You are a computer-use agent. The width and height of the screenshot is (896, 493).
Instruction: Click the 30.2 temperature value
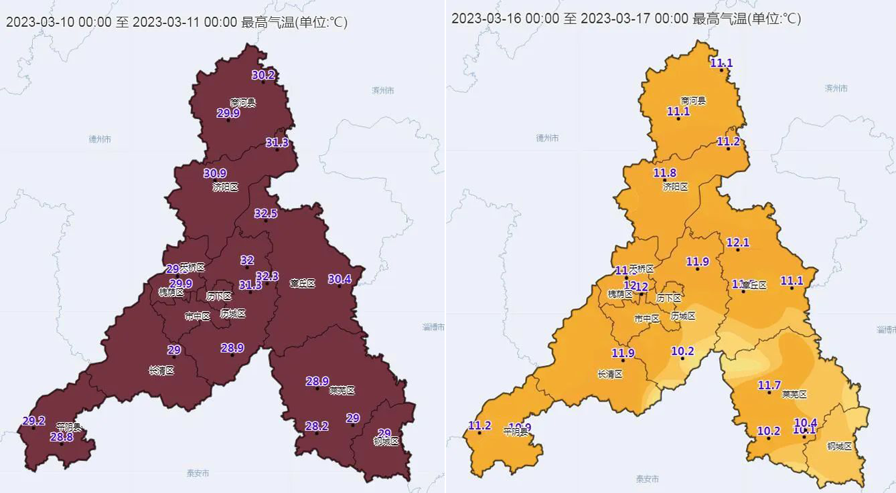[263, 75]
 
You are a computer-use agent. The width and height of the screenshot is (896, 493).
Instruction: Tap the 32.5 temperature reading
[265, 213]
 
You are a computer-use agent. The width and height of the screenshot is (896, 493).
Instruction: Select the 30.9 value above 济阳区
[215, 173]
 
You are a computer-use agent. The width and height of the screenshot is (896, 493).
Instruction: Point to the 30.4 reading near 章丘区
[339, 279]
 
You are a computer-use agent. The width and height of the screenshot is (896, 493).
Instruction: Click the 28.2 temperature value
[317, 426]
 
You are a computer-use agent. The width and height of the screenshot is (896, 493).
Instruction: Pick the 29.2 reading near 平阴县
[33, 421]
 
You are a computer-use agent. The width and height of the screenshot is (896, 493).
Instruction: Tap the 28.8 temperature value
[62, 437]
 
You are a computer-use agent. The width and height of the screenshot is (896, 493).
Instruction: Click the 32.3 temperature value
[267, 276]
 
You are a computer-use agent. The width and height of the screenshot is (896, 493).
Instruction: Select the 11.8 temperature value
[664, 173]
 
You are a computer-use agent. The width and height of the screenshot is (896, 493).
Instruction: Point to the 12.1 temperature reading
[738, 242]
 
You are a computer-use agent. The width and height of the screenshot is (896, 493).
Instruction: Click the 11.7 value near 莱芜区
[769, 385]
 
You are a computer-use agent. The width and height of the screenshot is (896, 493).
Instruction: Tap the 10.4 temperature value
[805, 422]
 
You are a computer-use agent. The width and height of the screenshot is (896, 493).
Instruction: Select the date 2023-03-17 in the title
[615, 18]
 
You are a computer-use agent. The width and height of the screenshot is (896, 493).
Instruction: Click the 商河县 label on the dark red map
[243, 102]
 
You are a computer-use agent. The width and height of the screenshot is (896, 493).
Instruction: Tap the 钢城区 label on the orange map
[838, 446]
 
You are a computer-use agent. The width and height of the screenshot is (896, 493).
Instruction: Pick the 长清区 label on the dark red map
[161, 371]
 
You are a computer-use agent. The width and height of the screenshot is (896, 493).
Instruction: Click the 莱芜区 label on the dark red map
[342, 391]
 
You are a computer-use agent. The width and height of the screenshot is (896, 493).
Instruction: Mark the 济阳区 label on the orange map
[675, 187]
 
